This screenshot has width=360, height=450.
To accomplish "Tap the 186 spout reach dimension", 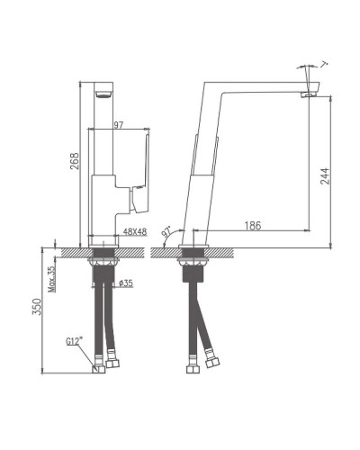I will (252, 226).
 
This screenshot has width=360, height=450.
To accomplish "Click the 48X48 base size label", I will (134, 232).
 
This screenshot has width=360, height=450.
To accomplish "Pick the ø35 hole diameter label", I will (126, 283).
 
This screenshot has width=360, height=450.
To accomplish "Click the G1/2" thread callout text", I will (76, 343).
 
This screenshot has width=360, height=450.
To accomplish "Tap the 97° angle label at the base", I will (166, 231).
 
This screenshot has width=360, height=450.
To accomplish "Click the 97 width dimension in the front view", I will (118, 124).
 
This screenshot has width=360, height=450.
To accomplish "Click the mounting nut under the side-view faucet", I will (193, 264).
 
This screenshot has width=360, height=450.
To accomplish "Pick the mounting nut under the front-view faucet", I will (105, 264).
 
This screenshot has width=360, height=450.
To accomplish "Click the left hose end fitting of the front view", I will (98, 365).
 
